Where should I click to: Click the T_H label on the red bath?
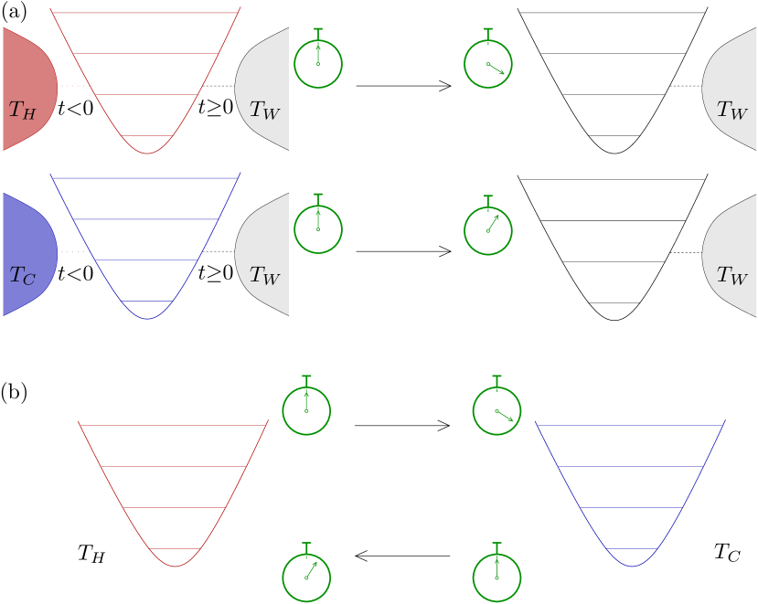click(x=22, y=111)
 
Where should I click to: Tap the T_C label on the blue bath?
click(x=22, y=275)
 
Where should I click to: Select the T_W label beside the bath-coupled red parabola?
click(x=265, y=111)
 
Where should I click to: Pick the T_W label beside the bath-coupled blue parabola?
click(x=265, y=275)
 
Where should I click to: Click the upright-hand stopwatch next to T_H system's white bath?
click(x=318, y=63)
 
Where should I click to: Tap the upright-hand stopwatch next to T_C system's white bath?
click(x=318, y=228)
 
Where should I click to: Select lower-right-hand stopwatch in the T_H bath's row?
click(x=488, y=63)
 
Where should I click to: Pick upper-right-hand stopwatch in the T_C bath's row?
click(x=488, y=228)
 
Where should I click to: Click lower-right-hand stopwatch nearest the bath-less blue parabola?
click(x=496, y=410)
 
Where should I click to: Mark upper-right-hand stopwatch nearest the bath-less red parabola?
click(x=306, y=577)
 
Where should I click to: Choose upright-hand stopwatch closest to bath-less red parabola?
click(x=306, y=410)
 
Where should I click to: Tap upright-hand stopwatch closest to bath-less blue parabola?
click(x=496, y=577)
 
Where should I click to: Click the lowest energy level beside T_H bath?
click(x=147, y=135)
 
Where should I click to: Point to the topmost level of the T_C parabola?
click(x=145, y=177)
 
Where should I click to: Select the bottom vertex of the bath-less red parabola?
click(x=175, y=567)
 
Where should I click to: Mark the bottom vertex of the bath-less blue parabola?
click(x=631, y=567)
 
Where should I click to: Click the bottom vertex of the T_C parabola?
click(x=147, y=319)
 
